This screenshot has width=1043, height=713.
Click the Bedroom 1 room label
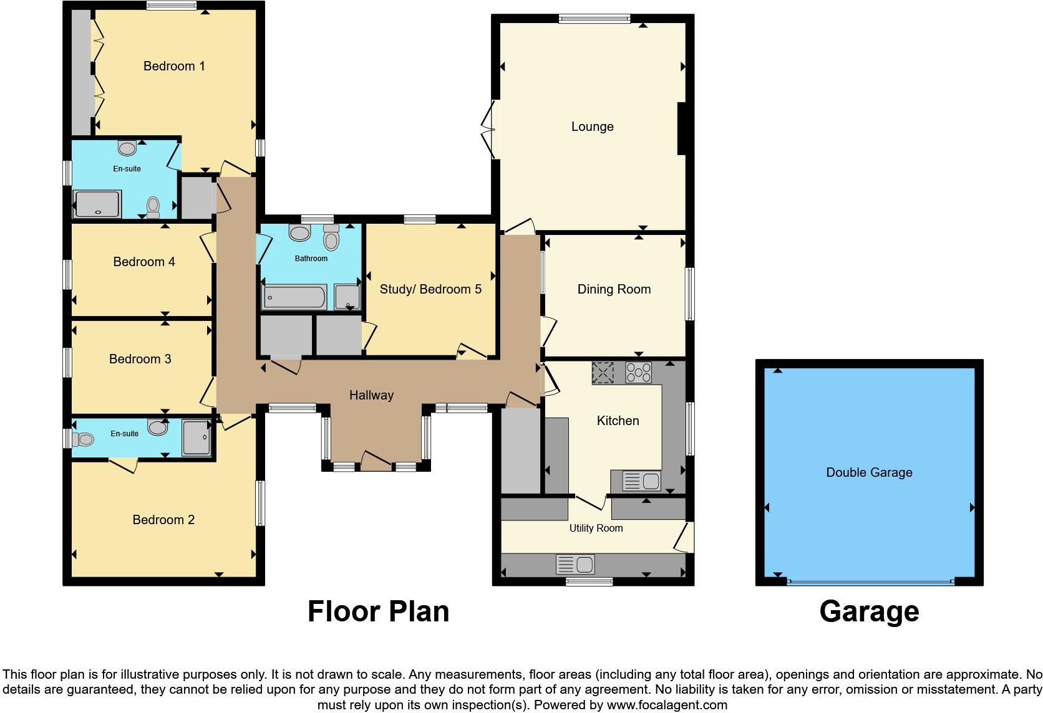point(174,66)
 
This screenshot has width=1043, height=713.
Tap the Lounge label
point(592,127)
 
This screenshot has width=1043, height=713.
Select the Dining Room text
point(614,289)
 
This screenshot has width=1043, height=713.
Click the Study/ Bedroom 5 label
point(430,289)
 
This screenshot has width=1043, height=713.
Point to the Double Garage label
point(869,472)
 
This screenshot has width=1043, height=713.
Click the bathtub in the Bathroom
point(294,297)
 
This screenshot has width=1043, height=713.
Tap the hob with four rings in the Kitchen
point(638,373)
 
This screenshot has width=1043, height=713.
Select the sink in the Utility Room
point(575,565)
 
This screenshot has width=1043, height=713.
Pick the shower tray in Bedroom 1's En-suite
point(97,204)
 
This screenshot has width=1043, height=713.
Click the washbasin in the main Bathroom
point(299,233)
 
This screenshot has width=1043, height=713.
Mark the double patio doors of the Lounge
point(488,130)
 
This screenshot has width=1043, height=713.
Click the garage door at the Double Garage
point(870,581)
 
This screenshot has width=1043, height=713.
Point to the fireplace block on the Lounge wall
point(682,128)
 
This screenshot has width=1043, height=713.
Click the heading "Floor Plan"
point(378,611)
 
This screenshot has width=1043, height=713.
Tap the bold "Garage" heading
point(868,611)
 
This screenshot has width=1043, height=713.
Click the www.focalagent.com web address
point(666,705)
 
